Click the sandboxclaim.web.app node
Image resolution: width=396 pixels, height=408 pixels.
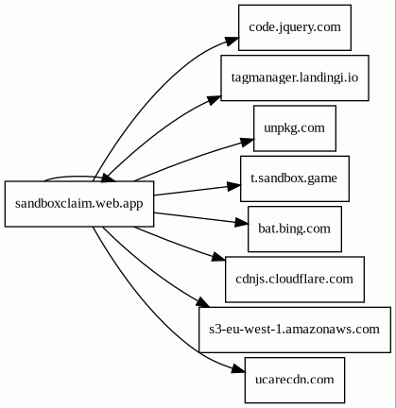click(79, 204)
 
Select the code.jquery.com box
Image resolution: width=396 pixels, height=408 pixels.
click(295, 27)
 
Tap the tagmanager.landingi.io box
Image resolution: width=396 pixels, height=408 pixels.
click(295, 77)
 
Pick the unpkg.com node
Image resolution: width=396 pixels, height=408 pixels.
click(295, 128)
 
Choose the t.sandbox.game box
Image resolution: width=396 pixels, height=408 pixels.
click(295, 178)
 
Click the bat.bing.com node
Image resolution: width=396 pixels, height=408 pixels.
click(295, 229)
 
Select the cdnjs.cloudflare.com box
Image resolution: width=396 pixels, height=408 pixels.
click(295, 280)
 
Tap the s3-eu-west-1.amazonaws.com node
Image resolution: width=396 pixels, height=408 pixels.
click(295, 330)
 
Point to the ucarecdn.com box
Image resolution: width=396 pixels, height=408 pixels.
click(295, 380)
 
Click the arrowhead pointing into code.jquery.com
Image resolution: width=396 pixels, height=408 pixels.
click(232, 41)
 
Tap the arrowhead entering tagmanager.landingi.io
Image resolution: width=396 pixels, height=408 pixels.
click(215, 99)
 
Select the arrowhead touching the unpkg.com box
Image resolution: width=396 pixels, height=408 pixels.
click(247, 142)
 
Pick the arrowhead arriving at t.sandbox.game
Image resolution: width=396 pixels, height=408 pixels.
click(233, 186)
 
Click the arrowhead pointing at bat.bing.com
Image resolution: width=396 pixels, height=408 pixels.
click(242, 223)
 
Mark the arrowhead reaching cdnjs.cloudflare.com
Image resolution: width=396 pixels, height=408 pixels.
click(218, 257)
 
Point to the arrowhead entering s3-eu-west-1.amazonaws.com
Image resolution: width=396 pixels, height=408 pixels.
click(202, 302)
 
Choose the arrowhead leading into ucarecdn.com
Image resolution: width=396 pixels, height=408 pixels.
click(238, 369)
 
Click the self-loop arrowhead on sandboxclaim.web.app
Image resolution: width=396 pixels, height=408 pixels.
click(109, 178)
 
